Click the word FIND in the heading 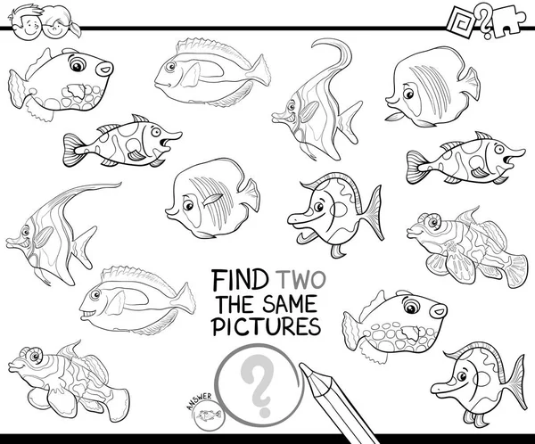(x=239, y=280)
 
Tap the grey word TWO (x=301, y=280)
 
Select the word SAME (x=290, y=304)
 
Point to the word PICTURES (x=267, y=326)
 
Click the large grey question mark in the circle (x=258, y=385)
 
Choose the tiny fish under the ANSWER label (x=207, y=415)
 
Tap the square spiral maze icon (x=461, y=21)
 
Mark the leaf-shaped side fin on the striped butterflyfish (x=213, y=199)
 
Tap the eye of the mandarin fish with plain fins (x=35, y=356)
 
